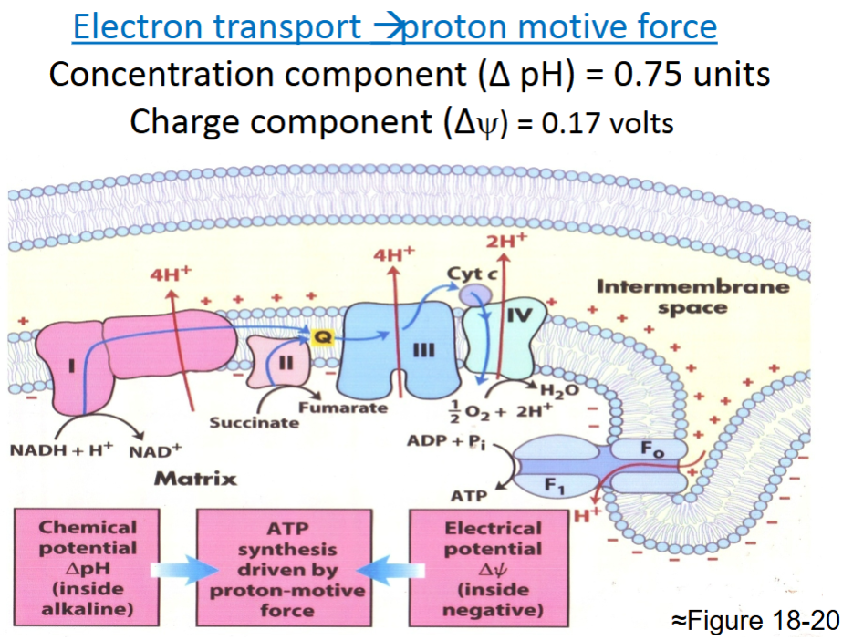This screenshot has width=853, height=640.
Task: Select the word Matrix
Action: point(195,479)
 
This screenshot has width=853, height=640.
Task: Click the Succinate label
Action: point(254,423)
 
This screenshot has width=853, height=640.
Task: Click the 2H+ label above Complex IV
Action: point(506,243)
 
